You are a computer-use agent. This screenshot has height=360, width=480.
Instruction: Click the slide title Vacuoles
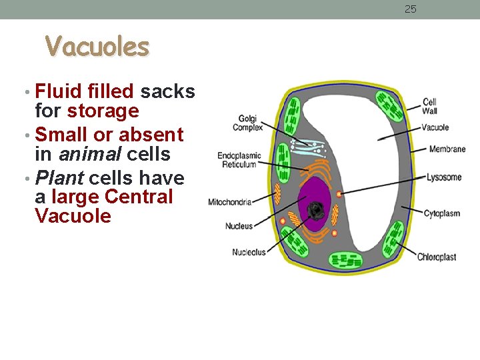pyautogui.click(x=97, y=47)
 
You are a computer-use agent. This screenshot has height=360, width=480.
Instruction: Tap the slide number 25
pyautogui.click(x=411, y=9)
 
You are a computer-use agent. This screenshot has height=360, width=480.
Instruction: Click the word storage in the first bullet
pyautogui.click(x=103, y=111)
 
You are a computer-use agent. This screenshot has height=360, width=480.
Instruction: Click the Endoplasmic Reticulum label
pyautogui.click(x=239, y=160)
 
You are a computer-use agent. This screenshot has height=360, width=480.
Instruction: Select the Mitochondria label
pyautogui.click(x=229, y=202)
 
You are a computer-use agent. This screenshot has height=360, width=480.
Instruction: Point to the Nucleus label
pyautogui.click(x=239, y=226)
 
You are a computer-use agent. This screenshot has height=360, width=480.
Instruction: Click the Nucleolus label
pyautogui.click(x=249, y=252)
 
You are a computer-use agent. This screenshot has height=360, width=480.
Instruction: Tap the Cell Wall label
pyautogui.click(x=430, y=107)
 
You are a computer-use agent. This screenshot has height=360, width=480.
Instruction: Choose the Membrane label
pyautogui.click(x=447, y=149)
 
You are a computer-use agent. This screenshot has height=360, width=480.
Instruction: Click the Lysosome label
pyautogui.click(x=443, y=177)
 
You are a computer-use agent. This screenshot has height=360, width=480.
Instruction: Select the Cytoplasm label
pyautogui.click(x=441, y=214)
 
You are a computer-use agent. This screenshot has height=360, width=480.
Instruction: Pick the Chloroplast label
pyautogui.click(x=437, y=257)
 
